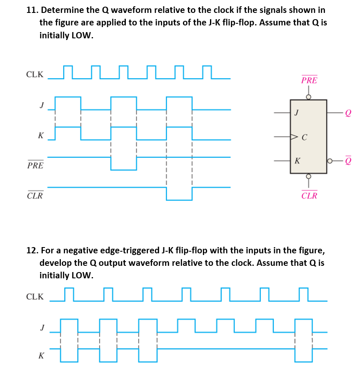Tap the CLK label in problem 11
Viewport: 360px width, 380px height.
(35, 75)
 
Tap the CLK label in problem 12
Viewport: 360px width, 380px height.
(35, 297)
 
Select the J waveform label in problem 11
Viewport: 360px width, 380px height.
(41, 105)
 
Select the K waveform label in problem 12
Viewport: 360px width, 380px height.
(41, 355)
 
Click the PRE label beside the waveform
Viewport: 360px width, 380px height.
(35, 165)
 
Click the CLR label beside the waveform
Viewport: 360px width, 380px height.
(35, 196)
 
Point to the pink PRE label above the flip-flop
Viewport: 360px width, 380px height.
(309, 80)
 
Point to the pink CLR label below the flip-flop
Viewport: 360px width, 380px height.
(309, 195)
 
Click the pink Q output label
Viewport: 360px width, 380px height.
(348, 112)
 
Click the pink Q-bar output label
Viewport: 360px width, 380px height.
(348, 160)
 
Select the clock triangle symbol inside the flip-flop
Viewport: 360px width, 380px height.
(295, 136)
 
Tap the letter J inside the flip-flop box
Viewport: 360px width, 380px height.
(296, 112)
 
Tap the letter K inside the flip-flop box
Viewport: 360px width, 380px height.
(297, 160)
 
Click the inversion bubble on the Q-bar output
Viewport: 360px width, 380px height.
(330, 160)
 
